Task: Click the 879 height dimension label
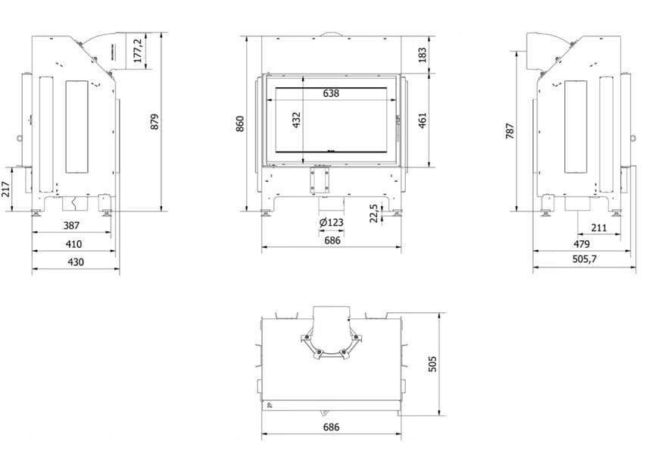[154, 121]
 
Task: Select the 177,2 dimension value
[139, 50]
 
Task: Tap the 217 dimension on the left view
[5, 189]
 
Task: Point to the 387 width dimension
[71, 225]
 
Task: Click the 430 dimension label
[76, 261]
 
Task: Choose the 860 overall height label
[240, 124]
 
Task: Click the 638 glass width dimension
[331, 93]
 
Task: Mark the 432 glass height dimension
[296, 120]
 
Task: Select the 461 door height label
[423, 120]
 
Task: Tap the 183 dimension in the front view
[423, 55]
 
